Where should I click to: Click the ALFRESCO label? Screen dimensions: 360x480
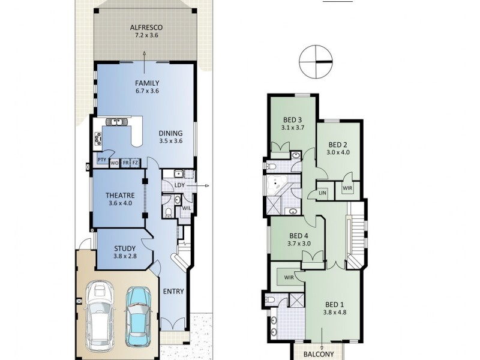(144, 28)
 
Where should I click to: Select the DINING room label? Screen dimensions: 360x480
(170, 133)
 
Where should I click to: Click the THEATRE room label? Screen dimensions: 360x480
(119, 195)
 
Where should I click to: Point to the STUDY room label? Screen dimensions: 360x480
(124, 248)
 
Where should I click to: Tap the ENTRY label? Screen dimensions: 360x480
(173, 292)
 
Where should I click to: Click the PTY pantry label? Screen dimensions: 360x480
(101, 160)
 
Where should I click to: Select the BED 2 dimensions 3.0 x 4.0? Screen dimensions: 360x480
(338, 152)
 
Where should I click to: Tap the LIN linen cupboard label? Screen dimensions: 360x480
(322, 193)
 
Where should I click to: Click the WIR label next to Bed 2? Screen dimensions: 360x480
(347, 188)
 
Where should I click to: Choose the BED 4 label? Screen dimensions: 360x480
(298, 235)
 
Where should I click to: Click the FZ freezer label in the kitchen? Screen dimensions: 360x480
(135, 163)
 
